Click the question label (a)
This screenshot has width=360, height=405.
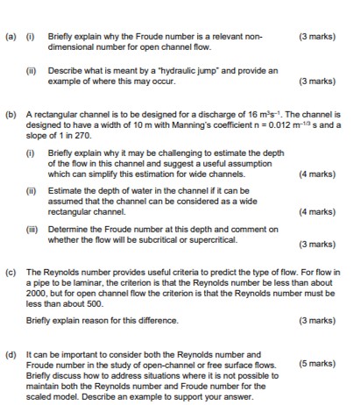[9, 13]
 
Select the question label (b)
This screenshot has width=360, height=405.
[9, 114]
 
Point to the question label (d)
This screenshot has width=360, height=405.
[9, 354]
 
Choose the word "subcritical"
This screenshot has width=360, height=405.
[157, 242]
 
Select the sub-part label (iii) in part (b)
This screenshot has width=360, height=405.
[30, 231]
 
